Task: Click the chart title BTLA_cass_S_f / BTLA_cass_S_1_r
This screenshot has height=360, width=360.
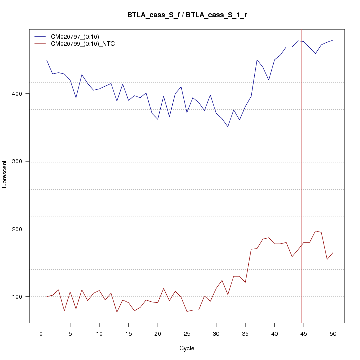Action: click(x=187, y=15)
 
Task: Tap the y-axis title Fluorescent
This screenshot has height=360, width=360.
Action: click(x=5, y=176)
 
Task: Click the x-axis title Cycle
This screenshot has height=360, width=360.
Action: click(x=187, y=348)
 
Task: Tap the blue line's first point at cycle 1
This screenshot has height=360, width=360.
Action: click(x=47, y=60)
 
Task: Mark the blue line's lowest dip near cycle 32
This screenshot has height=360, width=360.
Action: click(x=228, y=127)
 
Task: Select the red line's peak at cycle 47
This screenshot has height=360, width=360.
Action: click(x=315, y=231)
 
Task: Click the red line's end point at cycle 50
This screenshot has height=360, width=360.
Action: click(x=333, y=253)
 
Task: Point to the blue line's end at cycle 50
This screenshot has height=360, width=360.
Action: click(x=333, y=40)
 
